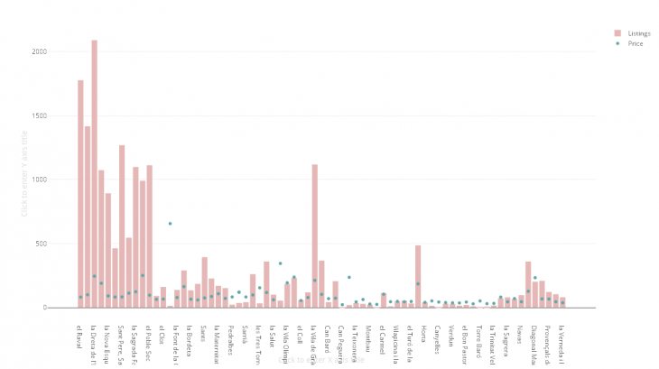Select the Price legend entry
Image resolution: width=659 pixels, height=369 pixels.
pos(623,42)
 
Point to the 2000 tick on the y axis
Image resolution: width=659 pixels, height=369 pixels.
pos(59,51)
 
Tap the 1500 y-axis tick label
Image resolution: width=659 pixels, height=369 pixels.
pos(59,115)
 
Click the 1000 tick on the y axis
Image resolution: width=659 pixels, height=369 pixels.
pos(59,180)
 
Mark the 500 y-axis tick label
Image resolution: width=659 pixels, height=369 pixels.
pos(61,244)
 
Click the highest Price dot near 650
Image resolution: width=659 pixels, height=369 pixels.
pos(170,223)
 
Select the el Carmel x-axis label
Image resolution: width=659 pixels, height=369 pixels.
pos(383,337)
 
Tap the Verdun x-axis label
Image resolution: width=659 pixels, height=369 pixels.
pos(451,335)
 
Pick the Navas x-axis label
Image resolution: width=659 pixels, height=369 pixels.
pos(520,334)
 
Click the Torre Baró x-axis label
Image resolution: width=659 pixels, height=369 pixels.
pos(479,339)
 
